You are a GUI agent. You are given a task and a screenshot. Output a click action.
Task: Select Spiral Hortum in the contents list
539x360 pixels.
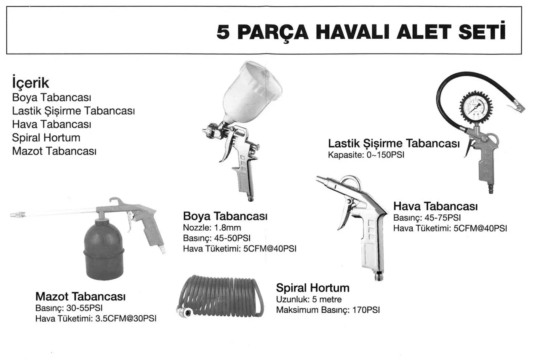(x=46, y=138)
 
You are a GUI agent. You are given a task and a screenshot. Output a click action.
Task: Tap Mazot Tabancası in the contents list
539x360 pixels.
(x=54, y=151)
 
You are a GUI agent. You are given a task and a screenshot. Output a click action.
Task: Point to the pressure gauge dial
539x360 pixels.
(x=476, y=107)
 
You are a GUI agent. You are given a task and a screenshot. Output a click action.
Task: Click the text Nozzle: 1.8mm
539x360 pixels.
(x=212, y=228)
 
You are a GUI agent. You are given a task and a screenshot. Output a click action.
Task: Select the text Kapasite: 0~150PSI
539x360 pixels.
(x=366, y=155)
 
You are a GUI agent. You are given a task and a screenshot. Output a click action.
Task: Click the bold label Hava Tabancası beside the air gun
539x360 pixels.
(x=435, y=206)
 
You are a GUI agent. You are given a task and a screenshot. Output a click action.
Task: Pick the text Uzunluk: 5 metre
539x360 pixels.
(x=309, y=300)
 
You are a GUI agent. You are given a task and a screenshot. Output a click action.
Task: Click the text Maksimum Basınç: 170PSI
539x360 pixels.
(x=328, y=310)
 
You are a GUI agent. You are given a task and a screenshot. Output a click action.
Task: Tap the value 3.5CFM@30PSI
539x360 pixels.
(x=126, y=319)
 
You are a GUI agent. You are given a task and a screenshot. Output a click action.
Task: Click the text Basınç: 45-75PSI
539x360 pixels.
(x=427, y=218)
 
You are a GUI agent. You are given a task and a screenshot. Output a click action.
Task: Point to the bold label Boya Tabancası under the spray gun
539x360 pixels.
(x=225, y=216)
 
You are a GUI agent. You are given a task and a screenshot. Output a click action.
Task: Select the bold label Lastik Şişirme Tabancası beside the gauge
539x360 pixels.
(x=394, y=144)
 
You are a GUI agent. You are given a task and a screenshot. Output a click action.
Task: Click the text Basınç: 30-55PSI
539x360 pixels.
(x=69, y=308)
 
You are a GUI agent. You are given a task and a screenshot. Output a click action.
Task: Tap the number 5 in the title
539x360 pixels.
(x=223, y=32)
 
